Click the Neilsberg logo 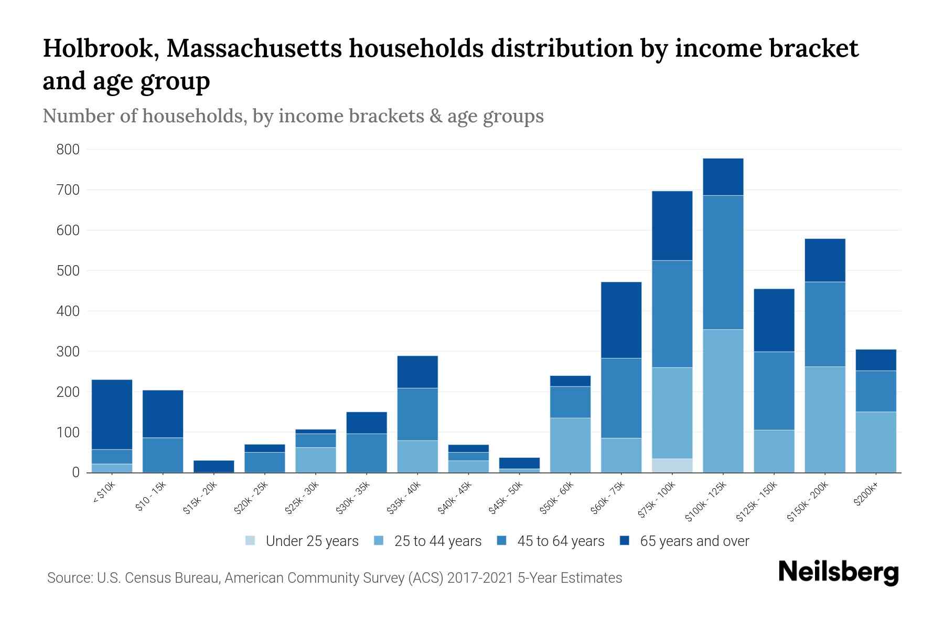point(838,572)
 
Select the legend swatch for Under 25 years point(251,541)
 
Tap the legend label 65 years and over point(694,541)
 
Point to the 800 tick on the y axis point(68,150)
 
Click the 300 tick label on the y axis point(68,352)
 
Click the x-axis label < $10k point(104,493)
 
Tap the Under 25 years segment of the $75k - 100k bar point(672,466)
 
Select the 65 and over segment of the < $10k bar point(112,414)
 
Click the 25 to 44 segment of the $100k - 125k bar point(723,401)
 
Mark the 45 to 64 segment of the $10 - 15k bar point(163,455)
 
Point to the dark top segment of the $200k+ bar point(876,360)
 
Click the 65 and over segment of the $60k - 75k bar point(621,320)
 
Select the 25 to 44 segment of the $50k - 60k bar point(570,445)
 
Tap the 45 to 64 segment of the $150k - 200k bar point(825,324)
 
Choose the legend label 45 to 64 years point(561,541)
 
